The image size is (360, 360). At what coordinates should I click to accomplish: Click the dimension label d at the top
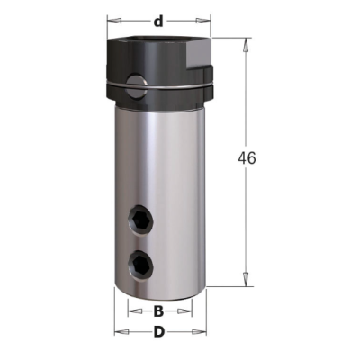[x=158, y=21]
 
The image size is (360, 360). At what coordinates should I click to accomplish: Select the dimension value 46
[x=247, y=158]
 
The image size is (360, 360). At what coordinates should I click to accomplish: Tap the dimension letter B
[x=158, y=311]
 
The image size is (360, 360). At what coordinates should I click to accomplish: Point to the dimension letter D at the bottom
[x=159, y=332]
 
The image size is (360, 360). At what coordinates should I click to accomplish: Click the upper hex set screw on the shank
[x=140, y=221]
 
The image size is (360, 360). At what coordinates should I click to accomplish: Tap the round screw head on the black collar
[x=137, y=88]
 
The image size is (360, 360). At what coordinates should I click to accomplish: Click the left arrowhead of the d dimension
[x=114, y=21]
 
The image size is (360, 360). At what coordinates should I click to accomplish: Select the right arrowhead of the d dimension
[x=203, y=21]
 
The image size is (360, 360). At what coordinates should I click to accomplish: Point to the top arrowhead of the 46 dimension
[x=246, y=45]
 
